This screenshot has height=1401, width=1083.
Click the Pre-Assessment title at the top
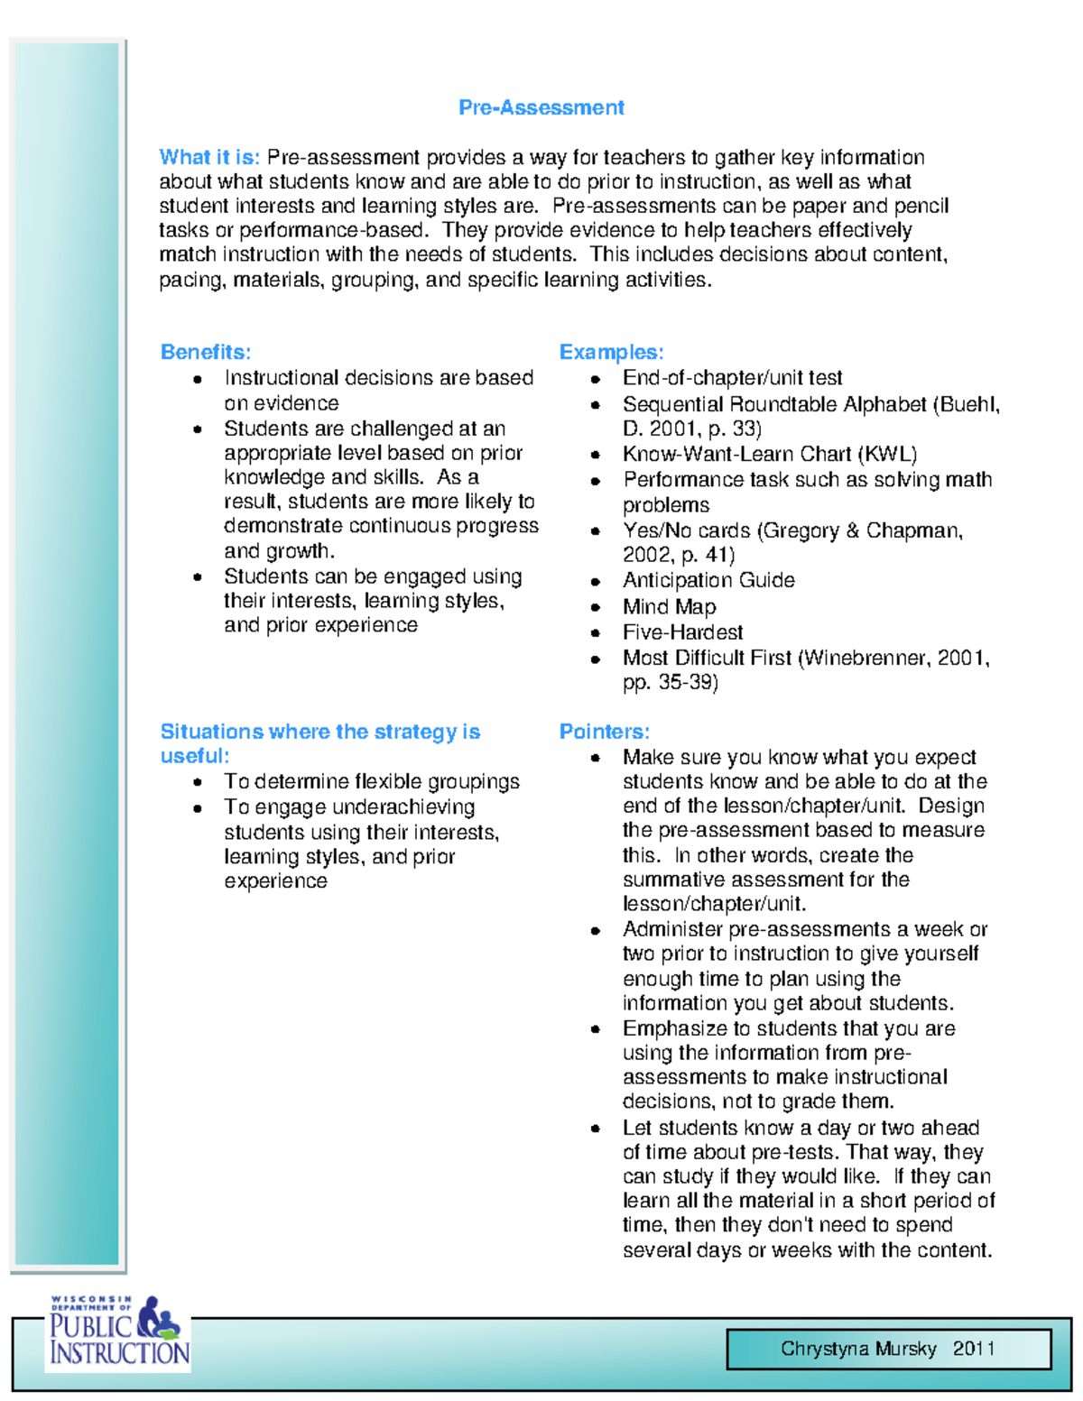point(541,107)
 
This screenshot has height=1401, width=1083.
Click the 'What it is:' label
point(209,157)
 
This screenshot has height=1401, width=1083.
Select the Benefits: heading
point(206,352)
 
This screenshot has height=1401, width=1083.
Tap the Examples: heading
point(611,352)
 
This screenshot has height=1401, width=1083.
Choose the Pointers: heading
point(604,732)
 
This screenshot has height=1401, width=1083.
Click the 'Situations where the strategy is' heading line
point(319,732)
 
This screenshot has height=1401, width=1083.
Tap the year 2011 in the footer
point(974,1349)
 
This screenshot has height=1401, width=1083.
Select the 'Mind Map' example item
point(669,607)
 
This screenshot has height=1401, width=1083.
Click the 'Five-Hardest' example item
point(682,632)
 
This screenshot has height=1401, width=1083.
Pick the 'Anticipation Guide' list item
point(708,580)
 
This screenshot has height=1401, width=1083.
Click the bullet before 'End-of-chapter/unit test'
point(596,380)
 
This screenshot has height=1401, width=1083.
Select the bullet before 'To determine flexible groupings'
point(197,783)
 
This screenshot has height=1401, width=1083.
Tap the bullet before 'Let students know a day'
point(596,1129)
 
